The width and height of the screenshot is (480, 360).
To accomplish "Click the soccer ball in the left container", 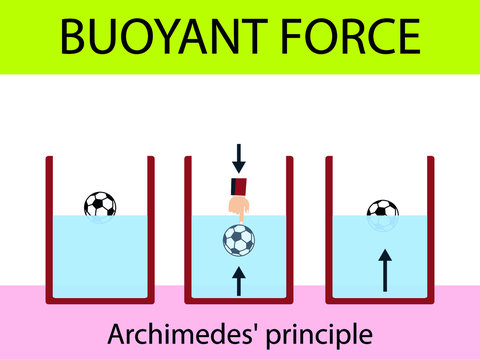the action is pos(100,205).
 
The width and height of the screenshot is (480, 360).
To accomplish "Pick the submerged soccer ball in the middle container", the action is pos(238,240).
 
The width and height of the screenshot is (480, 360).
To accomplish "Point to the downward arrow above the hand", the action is pos(238,157).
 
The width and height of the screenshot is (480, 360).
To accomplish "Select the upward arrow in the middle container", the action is pos(238,279).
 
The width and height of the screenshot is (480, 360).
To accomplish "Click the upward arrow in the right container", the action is pos(382,270).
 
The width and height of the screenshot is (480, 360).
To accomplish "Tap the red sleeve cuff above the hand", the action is pos(238,185).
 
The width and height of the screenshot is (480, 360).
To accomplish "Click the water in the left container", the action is pos(100,260).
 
